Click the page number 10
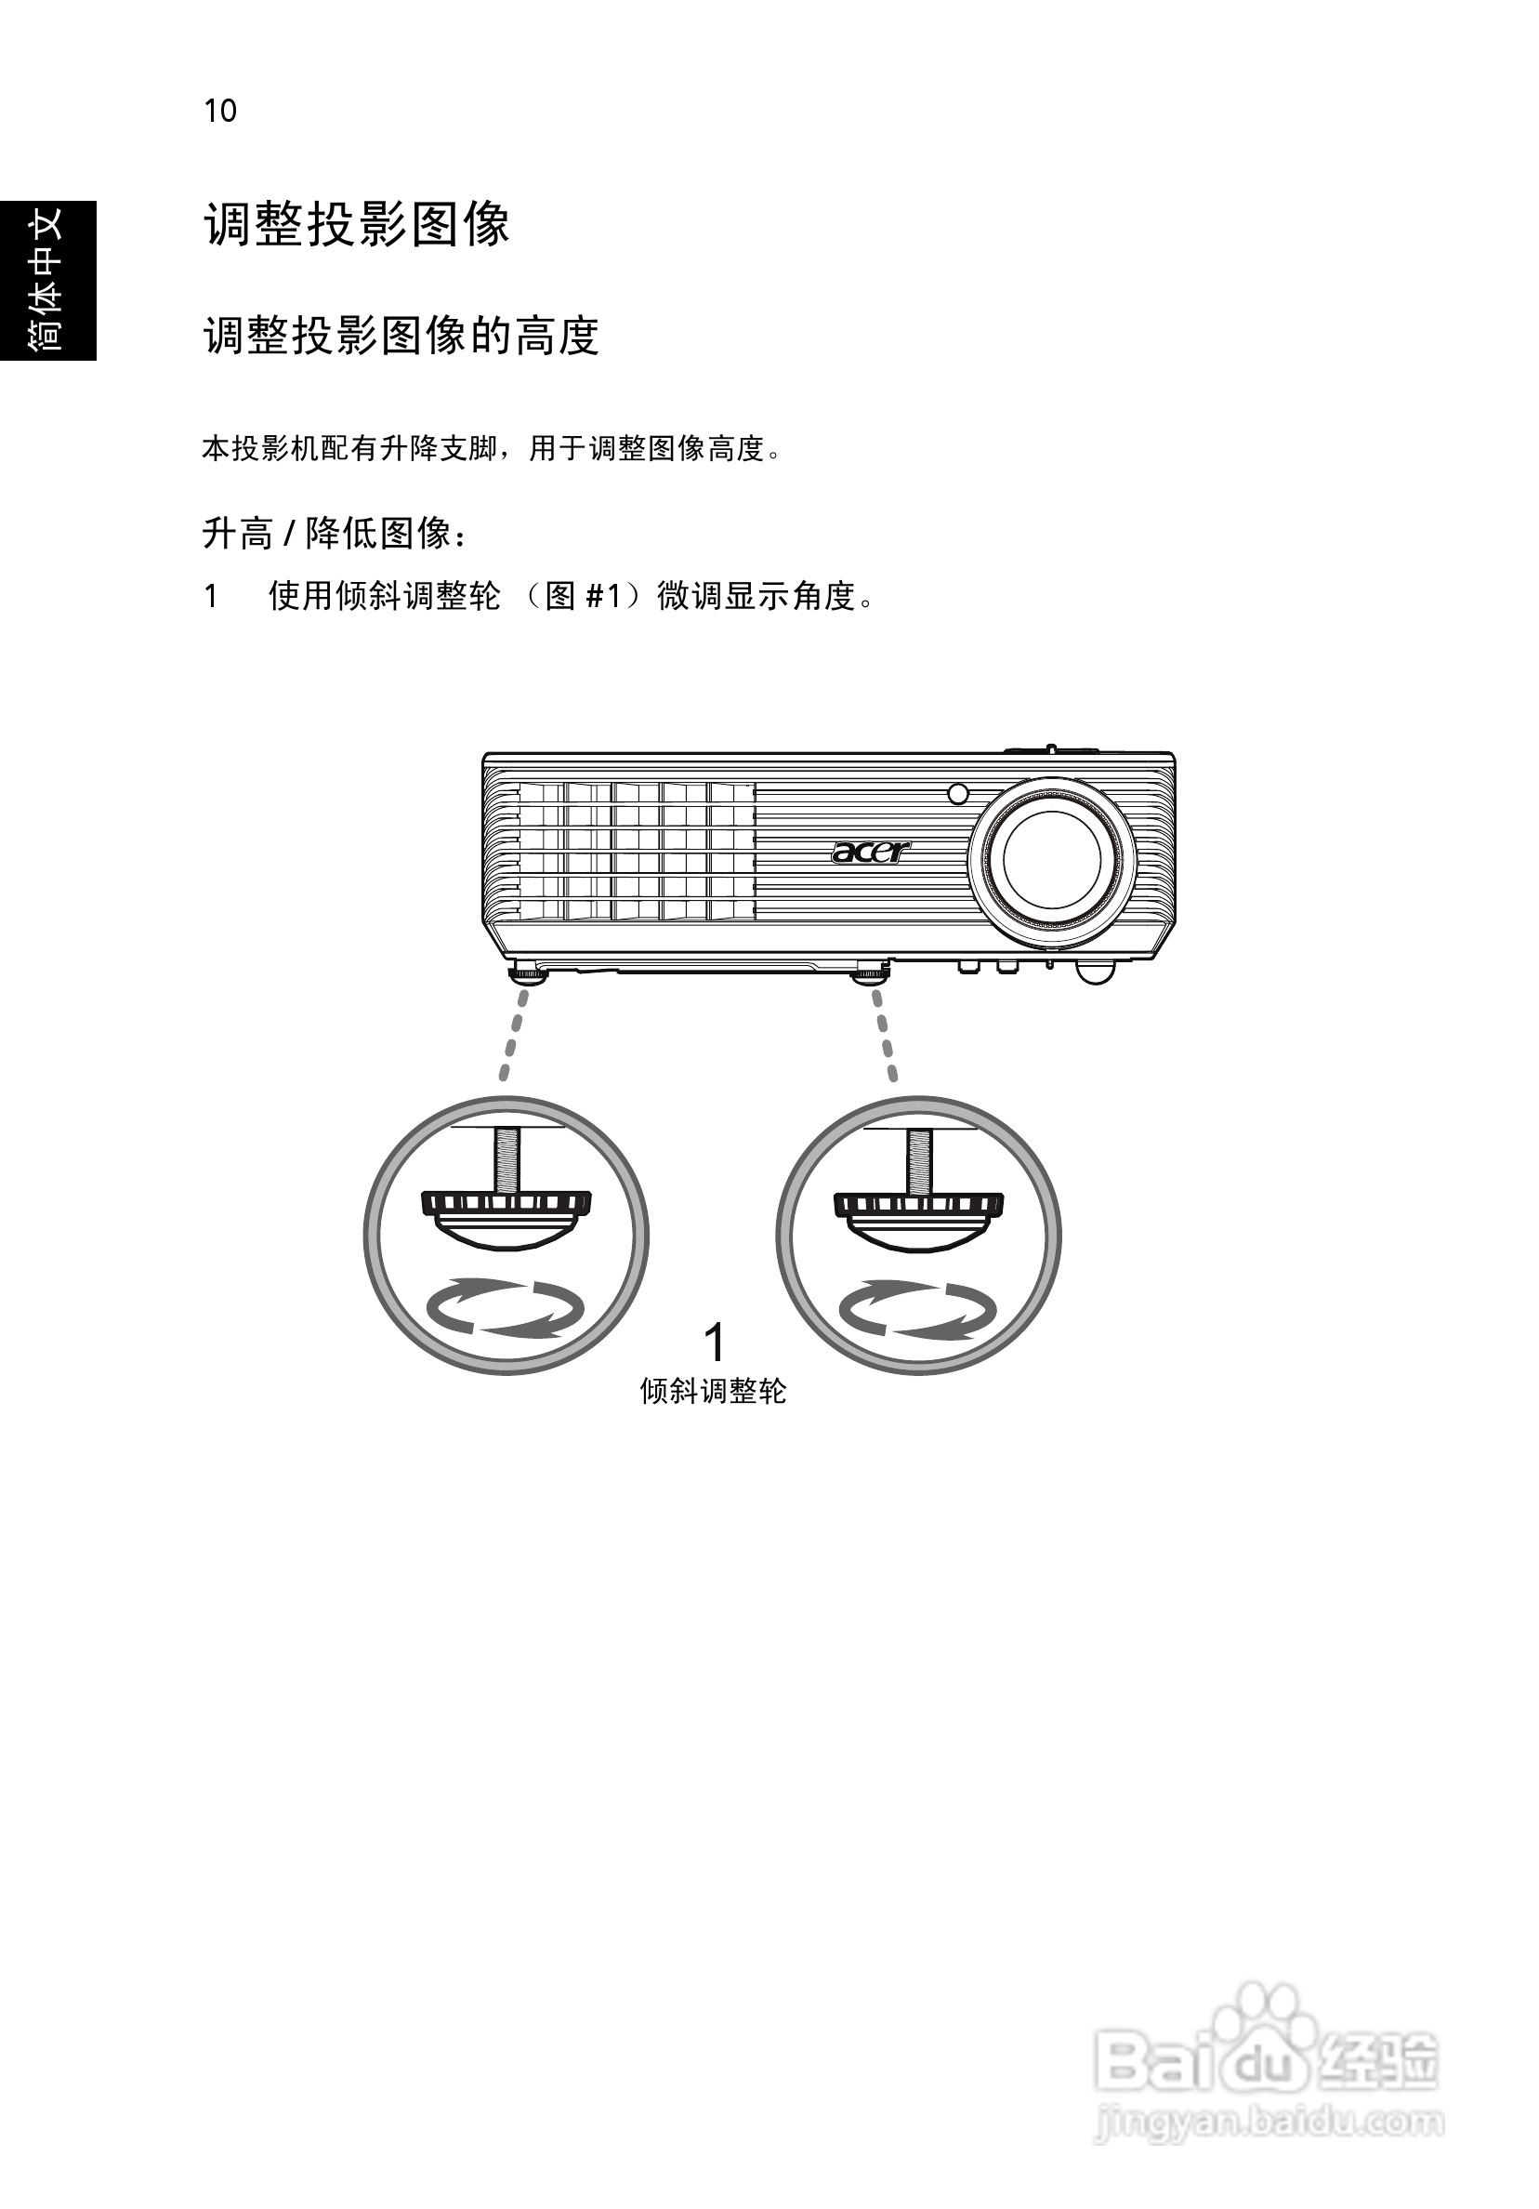tap(219, 112)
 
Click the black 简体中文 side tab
tap(47, 280)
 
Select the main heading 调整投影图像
tap(356, 225)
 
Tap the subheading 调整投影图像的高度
tap(401, 336)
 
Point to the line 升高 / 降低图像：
tap(335, 533)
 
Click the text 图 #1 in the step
tap(583, 597)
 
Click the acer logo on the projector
tap(870, 852)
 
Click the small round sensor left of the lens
tap(957, 795)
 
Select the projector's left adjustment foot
tap(527, 973)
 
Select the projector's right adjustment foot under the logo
tap(869, 973)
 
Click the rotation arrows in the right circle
tap(917, 1308)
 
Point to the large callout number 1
tap(714, 1342)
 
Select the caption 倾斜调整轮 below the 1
tap(713, 1391)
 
